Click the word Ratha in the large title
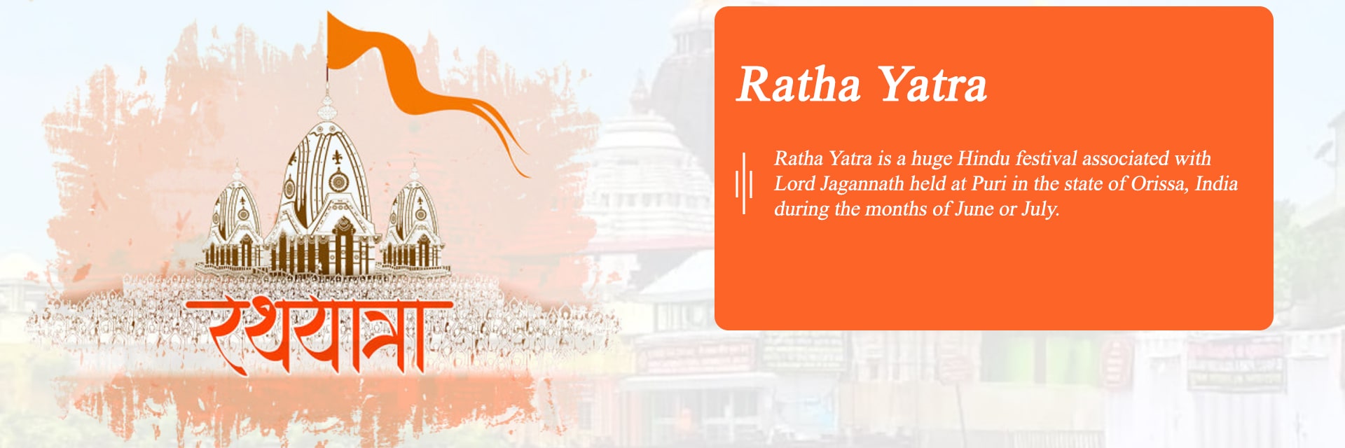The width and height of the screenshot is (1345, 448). coord(799,85)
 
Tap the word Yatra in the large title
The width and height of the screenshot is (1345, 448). coord(932,85)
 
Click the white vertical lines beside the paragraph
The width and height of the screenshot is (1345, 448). coord(744,183)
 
